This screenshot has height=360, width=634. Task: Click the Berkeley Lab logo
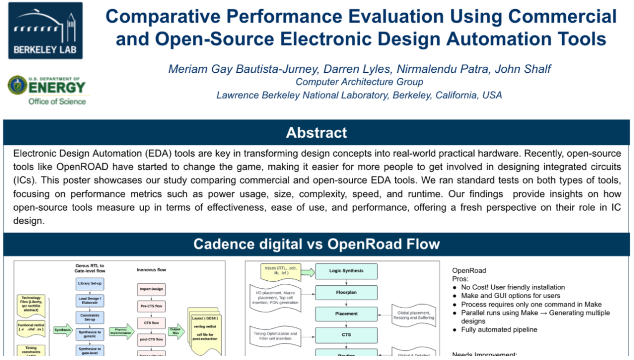click(x=45, y=31)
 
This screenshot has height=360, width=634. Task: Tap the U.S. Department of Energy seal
click(x=18, y=85)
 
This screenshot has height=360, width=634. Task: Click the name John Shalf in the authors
click(x=523, y=69)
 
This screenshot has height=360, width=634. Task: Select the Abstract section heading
click(x=316, y=133)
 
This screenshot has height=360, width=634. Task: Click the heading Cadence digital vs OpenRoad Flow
click(x=316, y=244)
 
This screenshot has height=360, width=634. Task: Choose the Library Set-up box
click(x=90, y=284)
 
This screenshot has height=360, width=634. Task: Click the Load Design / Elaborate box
click(x=90, y=300)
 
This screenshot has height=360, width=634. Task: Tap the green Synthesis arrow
click(x=62, y=330)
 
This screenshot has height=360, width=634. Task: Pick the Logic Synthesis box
click(x=346, y=271)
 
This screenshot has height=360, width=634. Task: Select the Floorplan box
click(x=346, y=292)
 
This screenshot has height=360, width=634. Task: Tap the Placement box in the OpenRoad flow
click(x=346, y=314)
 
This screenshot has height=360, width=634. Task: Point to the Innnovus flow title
click(x=151, y=270)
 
